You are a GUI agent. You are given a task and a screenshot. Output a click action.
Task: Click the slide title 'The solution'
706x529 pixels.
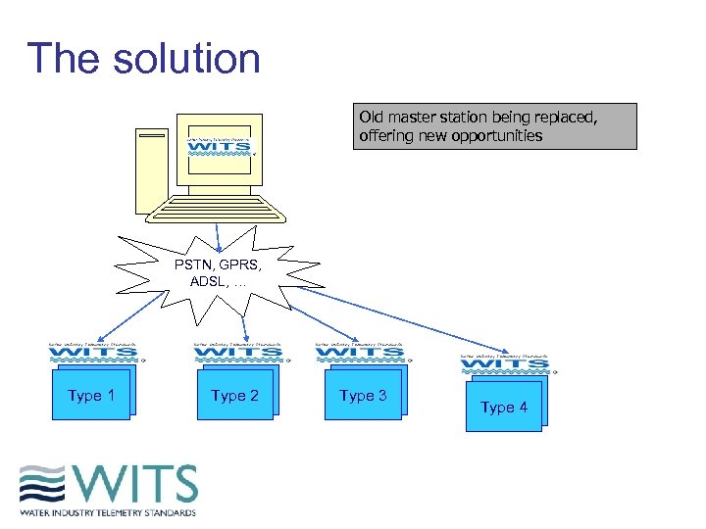click(143, 58)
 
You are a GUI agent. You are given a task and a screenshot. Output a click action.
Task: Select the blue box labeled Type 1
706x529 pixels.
click(91, 395)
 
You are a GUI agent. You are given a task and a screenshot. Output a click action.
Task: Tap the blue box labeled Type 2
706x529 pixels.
click(235, 395)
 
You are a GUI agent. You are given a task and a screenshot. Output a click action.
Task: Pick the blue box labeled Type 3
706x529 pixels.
click(363, 395)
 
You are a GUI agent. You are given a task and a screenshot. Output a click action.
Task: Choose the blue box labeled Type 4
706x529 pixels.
click(504, 406)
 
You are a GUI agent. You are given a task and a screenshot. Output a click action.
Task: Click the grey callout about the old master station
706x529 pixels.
click(494, 126)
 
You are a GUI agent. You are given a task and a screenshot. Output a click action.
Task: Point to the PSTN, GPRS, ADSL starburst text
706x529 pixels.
click(218, 272)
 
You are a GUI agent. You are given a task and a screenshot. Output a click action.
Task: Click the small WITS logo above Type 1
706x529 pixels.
click(94, 353)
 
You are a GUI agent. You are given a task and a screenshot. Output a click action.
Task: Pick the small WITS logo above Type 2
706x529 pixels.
click(238, 353)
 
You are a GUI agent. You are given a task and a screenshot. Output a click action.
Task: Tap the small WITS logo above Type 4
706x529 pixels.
click(505, 362)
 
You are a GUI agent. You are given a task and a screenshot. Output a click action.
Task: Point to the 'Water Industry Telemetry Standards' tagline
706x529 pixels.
click(108, 511)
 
